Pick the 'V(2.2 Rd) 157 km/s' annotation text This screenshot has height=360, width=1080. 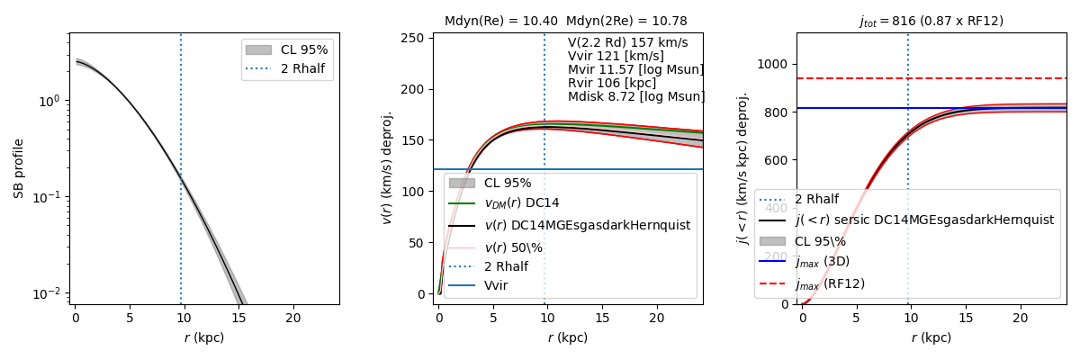pyautogui.click(x=627, y=42)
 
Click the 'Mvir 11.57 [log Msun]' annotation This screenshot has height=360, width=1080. pyautogui.click(x=635, y=69)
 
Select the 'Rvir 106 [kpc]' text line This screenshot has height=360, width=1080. pyautogui.click(x=611, y=83)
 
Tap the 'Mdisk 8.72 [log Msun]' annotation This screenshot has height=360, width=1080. pyautogui.click(x=635, y=96)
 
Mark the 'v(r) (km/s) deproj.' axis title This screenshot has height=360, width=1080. pyautogui.click(x=388, y=167)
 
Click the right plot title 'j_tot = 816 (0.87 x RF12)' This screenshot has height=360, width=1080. pyautogui.click(x=931, y=21)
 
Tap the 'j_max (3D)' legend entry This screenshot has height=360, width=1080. pyautogui.click(x=822, y=262)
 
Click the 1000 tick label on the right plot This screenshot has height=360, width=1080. pyautogui.click(x=773, y=64)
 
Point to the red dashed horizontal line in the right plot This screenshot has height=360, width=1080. pyautogui.click(x=990, y=78)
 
